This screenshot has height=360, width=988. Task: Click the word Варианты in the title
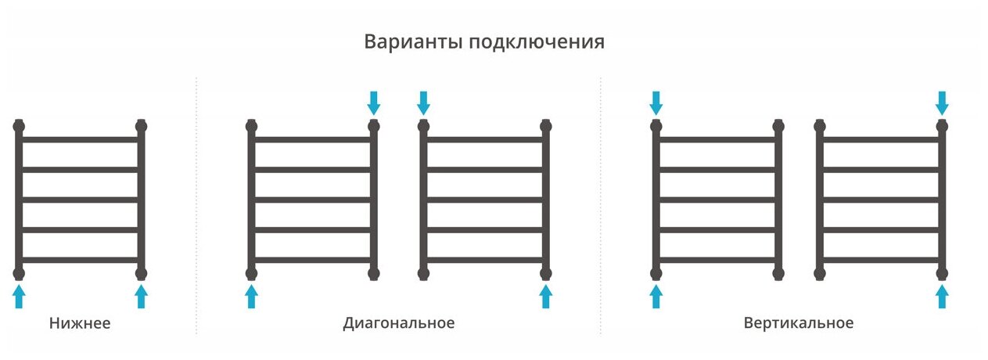coord(413,41)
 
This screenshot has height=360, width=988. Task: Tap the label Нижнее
coord(80,323)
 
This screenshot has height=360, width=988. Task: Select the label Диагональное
coord(398,323)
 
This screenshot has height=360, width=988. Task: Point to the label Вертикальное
coord(799,323)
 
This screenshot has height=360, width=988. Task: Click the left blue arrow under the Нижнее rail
coord(20,296)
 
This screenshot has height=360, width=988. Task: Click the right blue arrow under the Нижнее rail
coord(142,296)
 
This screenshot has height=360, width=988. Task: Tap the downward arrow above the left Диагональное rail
coord(374,102)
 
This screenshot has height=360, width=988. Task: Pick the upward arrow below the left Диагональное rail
coord(252,296)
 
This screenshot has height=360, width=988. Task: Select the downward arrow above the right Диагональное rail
coord(424,102)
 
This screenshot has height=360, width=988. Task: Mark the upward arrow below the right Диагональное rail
coord(546,296)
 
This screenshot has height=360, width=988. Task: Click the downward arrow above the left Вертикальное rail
coord(656,102)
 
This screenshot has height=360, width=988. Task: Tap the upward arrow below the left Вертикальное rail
coord(656,296)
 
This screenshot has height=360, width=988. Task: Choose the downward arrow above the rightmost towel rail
coord(943,102)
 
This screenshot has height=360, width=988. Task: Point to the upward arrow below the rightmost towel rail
coord(943,296)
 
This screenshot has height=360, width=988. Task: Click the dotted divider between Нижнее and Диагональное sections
coord(196,203)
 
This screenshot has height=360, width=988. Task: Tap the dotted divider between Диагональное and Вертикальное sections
coord(601,203)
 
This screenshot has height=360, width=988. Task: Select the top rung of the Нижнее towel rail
coord(81,139)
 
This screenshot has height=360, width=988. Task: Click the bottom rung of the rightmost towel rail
coord(881,260)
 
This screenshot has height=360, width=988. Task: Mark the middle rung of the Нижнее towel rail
coord(81,200)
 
